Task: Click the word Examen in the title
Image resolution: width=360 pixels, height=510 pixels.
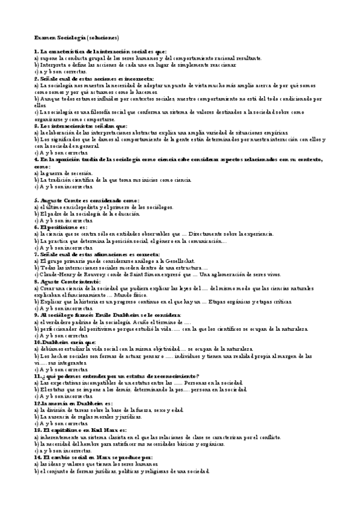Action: tap(44, 37)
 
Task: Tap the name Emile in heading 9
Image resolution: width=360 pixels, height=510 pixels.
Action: tap(108, 314)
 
